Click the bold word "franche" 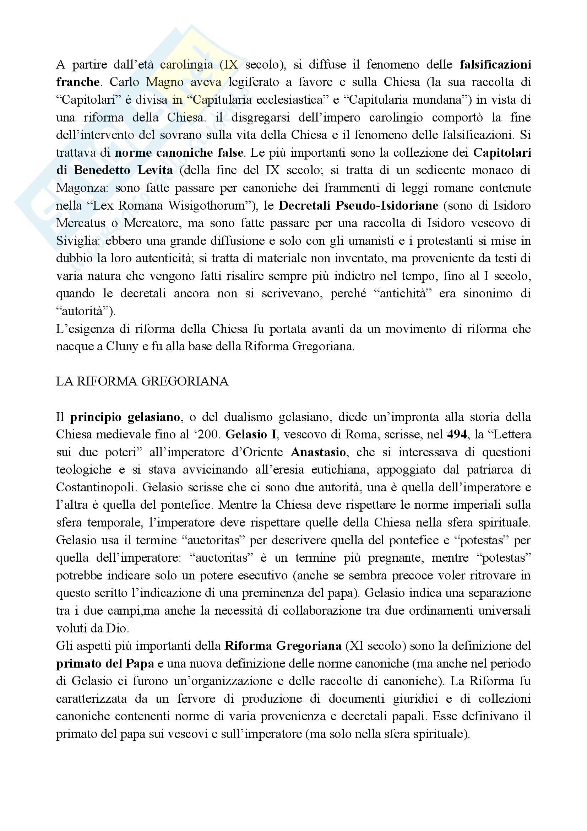click(x=78, y=82)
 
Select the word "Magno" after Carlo click(x=164, y=82)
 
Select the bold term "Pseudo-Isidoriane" click(x=387, y=206)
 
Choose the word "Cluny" click(x=122, y=347)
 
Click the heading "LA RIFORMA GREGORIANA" click(x=142, y=382)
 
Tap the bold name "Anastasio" click(x=318, y=452)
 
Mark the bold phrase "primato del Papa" click(x=105, y=663)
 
